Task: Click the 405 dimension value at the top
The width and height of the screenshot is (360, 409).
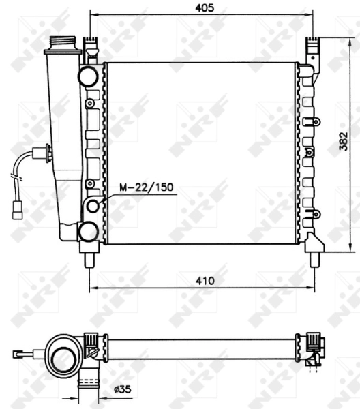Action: pos(205,7)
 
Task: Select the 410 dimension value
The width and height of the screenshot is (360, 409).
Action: pos(205,281)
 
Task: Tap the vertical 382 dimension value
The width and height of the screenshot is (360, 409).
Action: pos(344,141)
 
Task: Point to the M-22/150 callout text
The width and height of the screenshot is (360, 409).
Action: pos(146,187)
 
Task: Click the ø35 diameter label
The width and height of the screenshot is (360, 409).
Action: pos(123,389)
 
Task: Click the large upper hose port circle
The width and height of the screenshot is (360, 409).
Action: pos(88,76)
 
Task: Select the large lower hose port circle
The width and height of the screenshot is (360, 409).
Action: pos(88,232)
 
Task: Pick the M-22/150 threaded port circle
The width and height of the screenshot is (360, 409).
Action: pos(93,207)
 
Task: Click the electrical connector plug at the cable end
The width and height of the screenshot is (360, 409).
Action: pos(18,211)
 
